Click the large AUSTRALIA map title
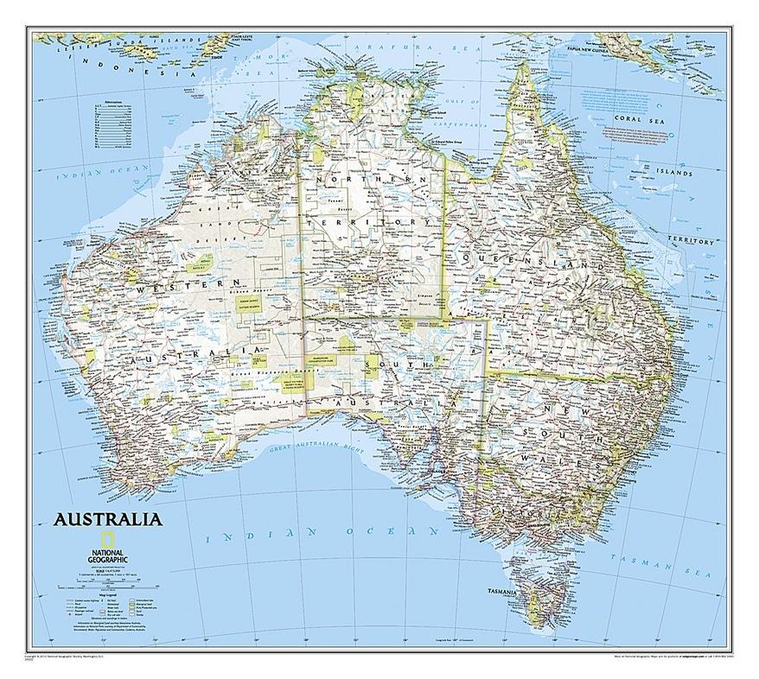coord(107,520)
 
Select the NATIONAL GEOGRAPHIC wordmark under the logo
coord(108,554)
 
